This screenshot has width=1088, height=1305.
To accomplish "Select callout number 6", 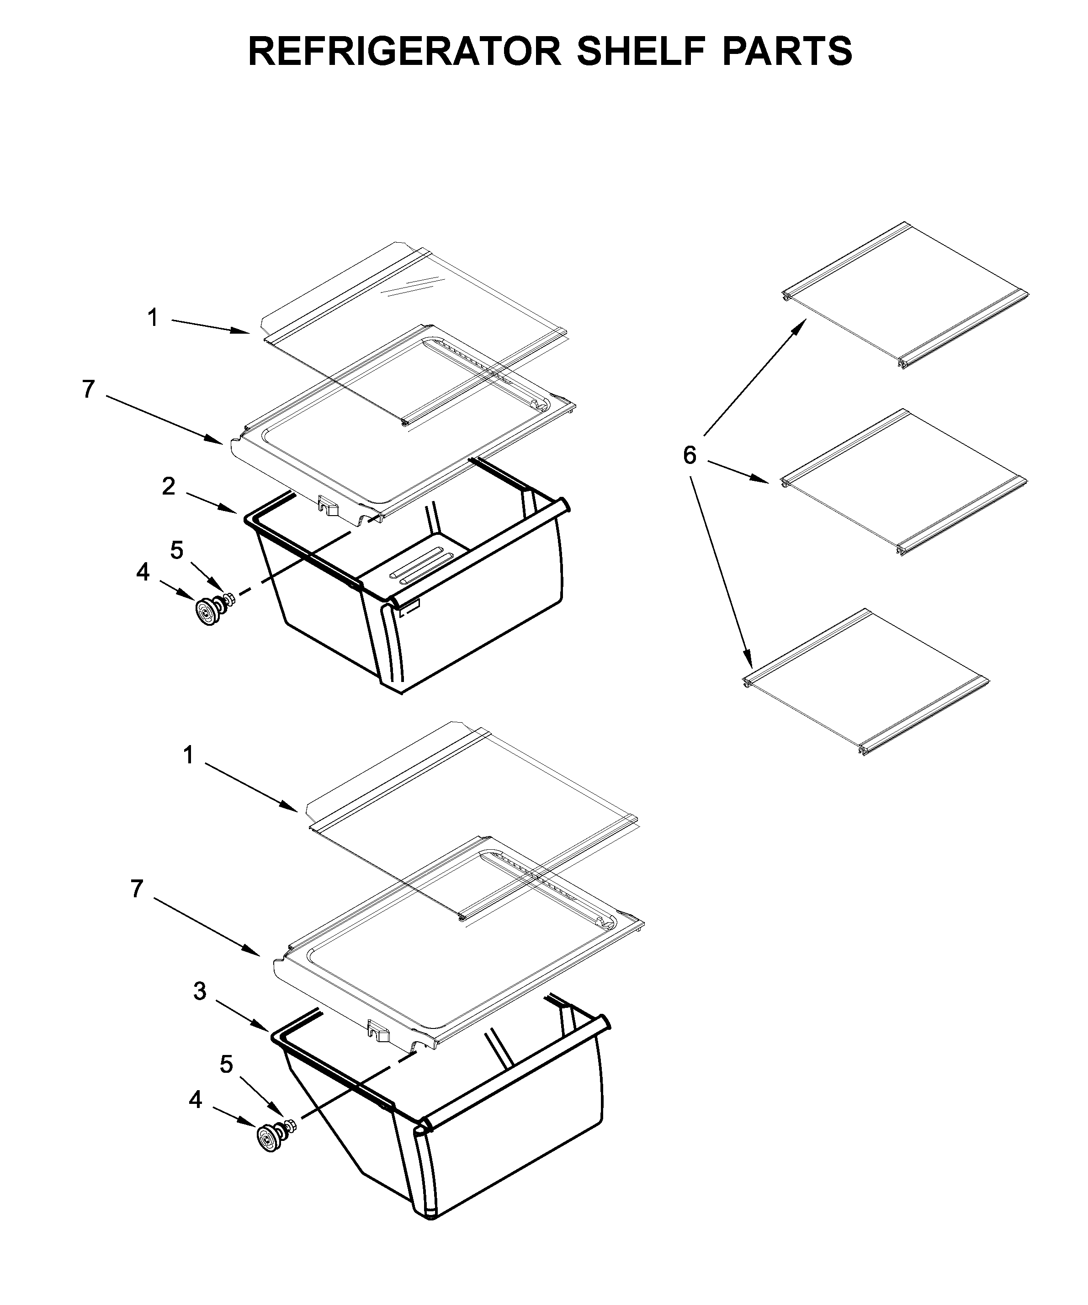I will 690,456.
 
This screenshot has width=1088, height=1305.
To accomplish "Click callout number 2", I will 169,487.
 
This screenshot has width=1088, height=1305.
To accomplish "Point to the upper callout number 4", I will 143,572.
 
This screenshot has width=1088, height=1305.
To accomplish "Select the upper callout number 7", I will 88,389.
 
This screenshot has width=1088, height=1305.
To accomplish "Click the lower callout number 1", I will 188,756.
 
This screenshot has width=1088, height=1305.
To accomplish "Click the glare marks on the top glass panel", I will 407,287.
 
